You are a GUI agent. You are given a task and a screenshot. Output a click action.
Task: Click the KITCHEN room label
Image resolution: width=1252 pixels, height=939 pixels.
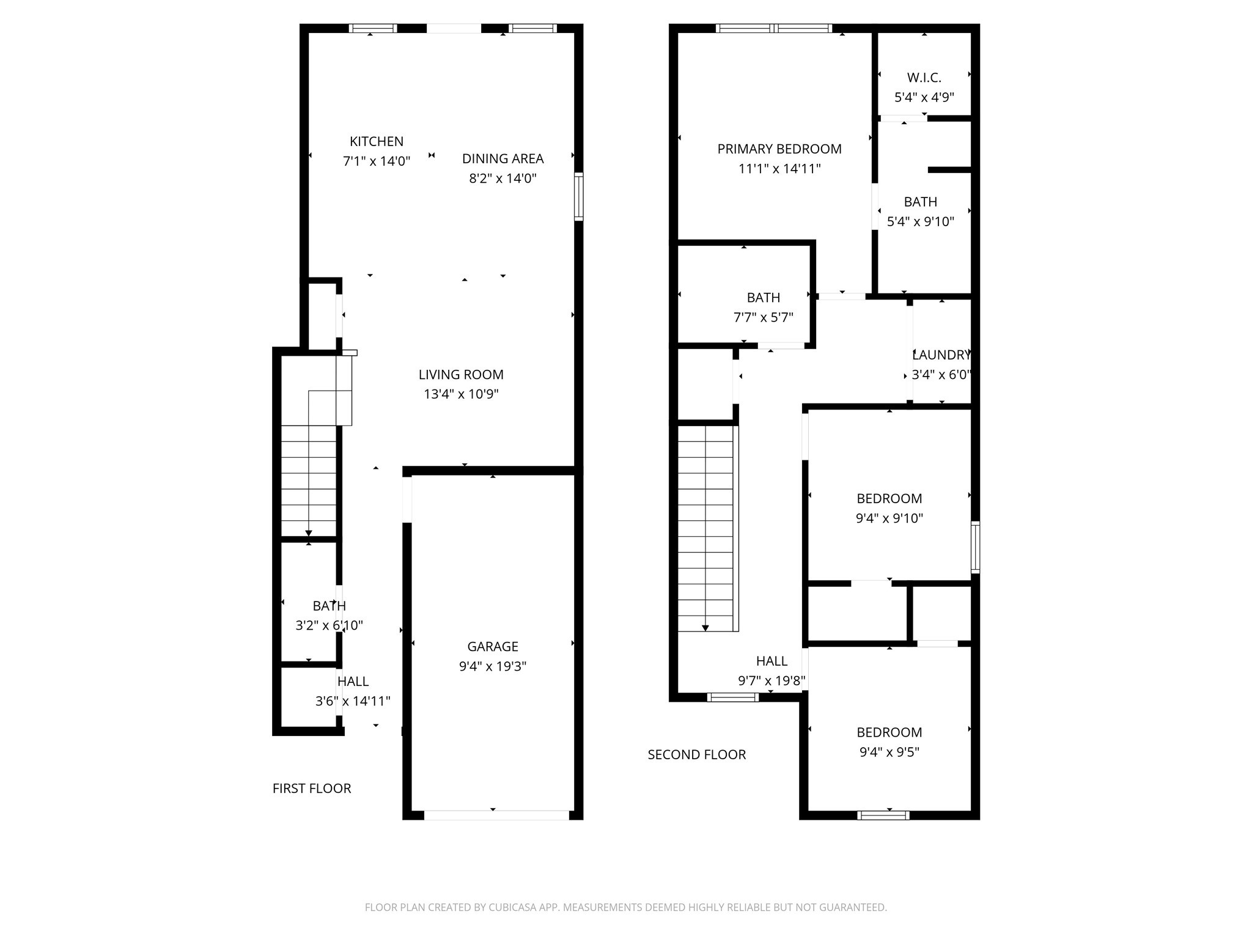[x=376, y=141]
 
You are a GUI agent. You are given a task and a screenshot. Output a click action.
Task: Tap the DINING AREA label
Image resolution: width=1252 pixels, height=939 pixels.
[x=503, y=158]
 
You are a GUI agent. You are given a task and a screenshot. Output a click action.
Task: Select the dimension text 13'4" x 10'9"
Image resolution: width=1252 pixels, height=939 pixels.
[x=461, y=394]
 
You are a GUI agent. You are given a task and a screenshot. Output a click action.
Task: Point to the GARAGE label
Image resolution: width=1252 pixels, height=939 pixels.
[x=492, y=646]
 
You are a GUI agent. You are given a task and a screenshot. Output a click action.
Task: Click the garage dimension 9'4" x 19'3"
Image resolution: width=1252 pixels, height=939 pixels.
[x=492, y=666]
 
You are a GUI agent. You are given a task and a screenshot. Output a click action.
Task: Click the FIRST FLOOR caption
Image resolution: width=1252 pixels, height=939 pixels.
[x=312, y=789]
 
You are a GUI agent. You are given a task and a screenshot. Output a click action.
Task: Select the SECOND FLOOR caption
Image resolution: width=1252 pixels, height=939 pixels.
[x=696, y=754]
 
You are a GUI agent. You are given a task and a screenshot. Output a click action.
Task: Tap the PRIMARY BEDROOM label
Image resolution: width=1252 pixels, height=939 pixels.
[x=779, y=149]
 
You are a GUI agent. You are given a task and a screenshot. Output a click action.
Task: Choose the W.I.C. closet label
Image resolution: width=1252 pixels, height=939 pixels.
[x=924, y=78]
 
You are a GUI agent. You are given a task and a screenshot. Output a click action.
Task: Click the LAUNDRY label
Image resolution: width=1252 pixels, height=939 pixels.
[x=941, y=355]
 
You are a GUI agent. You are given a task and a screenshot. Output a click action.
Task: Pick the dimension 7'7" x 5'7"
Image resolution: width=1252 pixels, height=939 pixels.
[x=763, y=317]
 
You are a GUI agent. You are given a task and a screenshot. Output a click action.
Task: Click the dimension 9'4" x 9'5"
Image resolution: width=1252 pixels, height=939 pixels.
[x=889, y=752]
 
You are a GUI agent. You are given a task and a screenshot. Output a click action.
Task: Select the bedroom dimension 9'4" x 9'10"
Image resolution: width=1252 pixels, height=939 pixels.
[x=889, y=518]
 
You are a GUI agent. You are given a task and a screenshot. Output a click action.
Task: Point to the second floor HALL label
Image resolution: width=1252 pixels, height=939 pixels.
[x=771, y=661]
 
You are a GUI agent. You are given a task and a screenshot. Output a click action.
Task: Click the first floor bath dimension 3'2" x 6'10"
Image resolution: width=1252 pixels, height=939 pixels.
[x=329, y=625]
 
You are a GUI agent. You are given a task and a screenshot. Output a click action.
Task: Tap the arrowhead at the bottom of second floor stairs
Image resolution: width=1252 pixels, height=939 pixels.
[x=705, y=628]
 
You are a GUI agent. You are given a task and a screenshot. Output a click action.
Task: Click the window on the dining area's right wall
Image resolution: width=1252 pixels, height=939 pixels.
[x=578, y=196]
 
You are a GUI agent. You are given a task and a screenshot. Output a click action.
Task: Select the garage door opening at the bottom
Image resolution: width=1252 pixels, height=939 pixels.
[x=496, y=815]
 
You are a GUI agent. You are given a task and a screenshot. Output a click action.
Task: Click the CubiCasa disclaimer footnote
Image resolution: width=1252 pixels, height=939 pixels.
[x=625, y=907]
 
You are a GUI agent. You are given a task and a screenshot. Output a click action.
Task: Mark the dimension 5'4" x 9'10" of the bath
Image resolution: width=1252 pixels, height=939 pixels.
[x=920, y=221]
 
